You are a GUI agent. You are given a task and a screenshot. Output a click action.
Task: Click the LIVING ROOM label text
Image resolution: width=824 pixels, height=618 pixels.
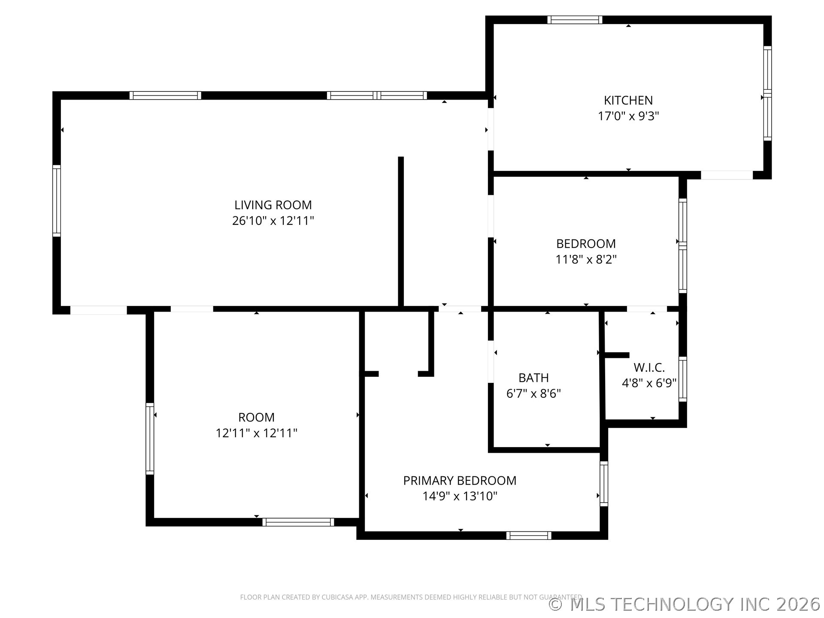click(273, 205)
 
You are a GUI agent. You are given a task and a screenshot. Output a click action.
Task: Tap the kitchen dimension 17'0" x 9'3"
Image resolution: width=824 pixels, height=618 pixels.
click(628, 116)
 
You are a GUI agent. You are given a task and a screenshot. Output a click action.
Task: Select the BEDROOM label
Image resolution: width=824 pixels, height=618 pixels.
click(586, 244)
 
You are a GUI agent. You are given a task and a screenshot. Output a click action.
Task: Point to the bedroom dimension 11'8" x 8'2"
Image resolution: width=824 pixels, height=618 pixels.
click(586, 260)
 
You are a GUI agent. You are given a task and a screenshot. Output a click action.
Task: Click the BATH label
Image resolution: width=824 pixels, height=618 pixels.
click(533, 378)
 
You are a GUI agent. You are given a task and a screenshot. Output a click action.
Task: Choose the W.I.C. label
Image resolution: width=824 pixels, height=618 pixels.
click(649, 367)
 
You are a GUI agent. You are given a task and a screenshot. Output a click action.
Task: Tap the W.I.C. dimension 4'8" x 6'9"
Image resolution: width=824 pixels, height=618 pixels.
click(649, 383)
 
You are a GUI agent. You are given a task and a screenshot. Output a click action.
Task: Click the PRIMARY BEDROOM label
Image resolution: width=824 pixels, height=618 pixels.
click(460, 481)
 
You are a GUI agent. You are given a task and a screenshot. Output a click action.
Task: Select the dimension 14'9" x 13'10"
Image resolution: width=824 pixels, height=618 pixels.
click(460, 497)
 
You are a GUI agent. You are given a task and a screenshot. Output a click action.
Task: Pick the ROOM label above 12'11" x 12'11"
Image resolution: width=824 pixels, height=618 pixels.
click(256, 417)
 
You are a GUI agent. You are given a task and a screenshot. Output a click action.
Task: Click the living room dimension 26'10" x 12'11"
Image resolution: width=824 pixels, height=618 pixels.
click(273, 221)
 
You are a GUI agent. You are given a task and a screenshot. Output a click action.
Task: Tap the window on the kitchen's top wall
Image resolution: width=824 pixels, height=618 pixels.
click(575, 20)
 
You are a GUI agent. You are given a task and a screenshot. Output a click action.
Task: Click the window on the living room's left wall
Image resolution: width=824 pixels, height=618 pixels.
click(56, 200)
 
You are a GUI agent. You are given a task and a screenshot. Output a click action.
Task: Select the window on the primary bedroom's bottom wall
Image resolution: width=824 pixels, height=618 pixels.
click(528, 535)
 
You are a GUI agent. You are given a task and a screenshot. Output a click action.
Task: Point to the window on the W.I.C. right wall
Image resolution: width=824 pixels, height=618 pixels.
click(682, 379)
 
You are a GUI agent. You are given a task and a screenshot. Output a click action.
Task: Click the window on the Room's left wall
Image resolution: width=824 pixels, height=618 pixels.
click(150, 439)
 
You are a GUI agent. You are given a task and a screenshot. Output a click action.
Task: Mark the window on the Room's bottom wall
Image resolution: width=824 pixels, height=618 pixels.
click(298, 522)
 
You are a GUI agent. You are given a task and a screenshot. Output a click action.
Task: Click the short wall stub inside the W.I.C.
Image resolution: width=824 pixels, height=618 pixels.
click(617, 355)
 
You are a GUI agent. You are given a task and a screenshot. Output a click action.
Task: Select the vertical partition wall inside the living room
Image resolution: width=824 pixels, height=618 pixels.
click(401, 232)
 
